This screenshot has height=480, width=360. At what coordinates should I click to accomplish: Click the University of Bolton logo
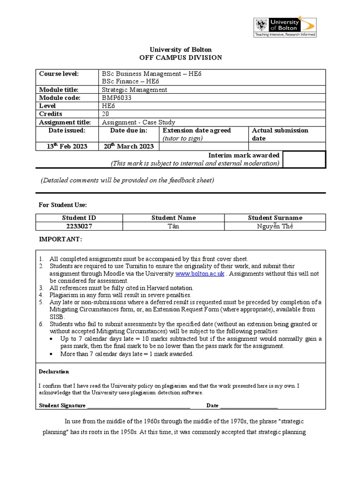285,27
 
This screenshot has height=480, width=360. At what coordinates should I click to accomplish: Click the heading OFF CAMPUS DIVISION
180,58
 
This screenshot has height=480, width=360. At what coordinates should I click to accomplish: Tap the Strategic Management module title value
135,90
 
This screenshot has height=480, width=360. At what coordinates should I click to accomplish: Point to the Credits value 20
106,114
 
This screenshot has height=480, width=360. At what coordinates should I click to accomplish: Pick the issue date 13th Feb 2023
67,146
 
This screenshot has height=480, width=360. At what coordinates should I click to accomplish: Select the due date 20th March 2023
129,146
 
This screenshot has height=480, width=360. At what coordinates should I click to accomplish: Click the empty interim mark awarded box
304,159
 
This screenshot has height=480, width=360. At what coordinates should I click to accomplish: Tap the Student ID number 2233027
79,226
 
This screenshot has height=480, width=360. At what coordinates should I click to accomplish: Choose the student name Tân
173,226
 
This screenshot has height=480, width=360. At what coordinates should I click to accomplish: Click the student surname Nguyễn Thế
275,226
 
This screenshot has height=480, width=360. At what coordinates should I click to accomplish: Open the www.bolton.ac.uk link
200,273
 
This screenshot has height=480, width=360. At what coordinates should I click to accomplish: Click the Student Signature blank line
139,405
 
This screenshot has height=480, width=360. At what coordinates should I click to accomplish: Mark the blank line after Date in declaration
249,405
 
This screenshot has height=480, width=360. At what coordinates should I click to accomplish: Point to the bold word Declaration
54,372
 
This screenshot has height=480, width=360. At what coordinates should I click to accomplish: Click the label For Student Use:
62,205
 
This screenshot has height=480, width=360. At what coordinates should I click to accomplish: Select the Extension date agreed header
197,131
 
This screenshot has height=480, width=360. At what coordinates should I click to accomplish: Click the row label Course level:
59,74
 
